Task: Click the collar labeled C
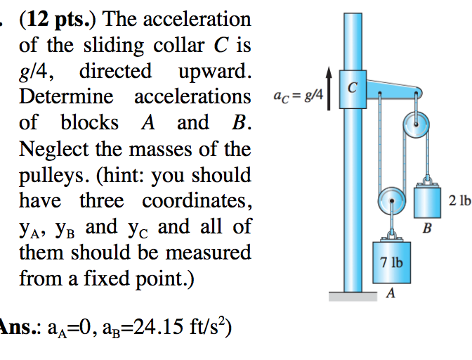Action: (x=353, y=87)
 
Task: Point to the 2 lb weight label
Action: (x=459, y=201)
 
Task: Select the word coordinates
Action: (x=197, y=201)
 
